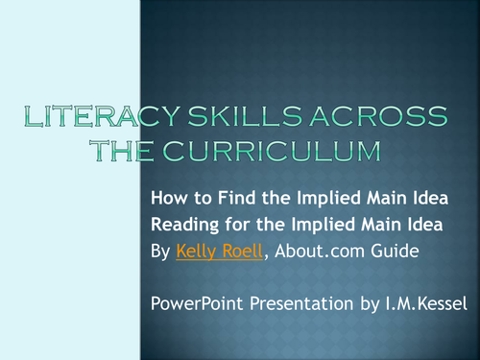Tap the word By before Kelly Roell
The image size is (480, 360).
click(161, 252)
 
